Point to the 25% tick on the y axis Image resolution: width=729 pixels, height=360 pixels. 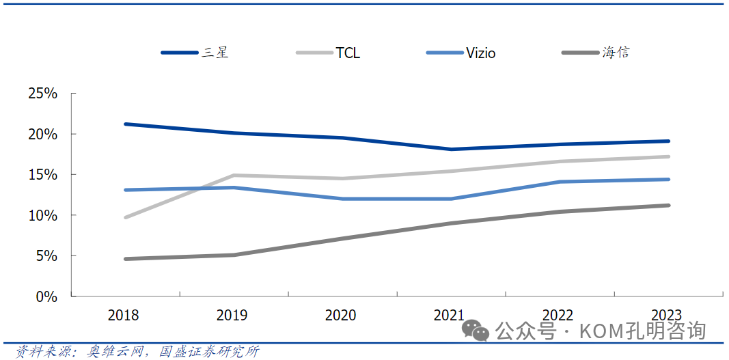pyautogui.click(x=42, y=94)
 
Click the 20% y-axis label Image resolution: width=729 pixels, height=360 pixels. pyautogui.click(x=42, y=134)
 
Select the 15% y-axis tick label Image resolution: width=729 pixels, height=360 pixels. pyautogui.click(x=42, y=175)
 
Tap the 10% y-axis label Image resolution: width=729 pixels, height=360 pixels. pyautogui.click(x=42, y=215)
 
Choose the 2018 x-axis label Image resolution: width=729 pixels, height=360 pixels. pyautogui.click(x=124, y=315)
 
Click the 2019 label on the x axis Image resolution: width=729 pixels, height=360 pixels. pyautogui.click(x=232, y=315)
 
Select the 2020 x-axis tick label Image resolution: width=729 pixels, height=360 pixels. pyautogui.click(x=341, y=315)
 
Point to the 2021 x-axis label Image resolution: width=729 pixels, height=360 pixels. pyautogui.click(x=450, y=315)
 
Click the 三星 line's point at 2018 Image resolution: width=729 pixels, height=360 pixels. pyautogui.click(x=126, y=124)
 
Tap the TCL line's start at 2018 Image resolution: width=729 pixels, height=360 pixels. pyautogui.click(x=126, y=217)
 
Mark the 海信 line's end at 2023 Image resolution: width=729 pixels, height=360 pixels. pyautogui.click(x=668, y=205)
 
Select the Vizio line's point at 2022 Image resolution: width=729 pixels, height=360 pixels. pyautogui.click(x=560, y=182)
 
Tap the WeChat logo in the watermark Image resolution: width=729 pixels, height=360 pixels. pyautogui.click(x=476, y=331)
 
